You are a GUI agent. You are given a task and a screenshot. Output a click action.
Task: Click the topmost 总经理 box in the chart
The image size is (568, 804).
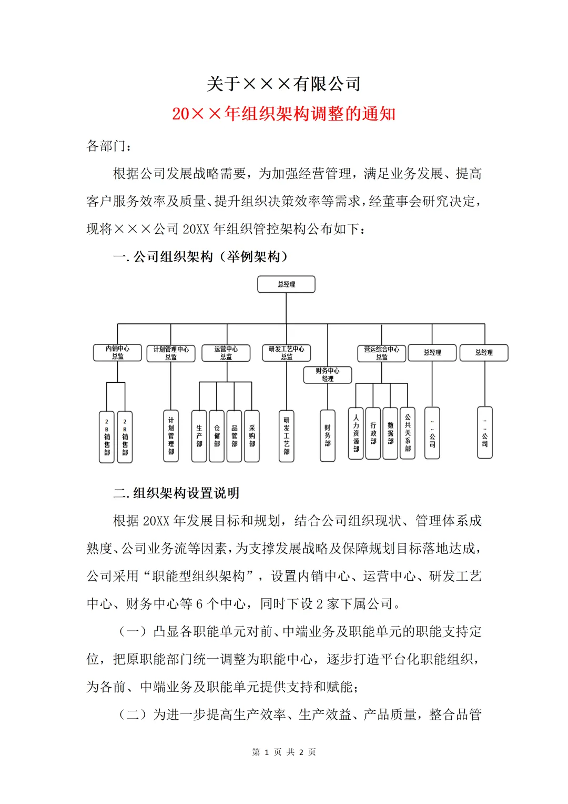click(286, 284)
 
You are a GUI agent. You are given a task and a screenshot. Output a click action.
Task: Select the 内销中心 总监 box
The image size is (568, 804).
click(117, 353)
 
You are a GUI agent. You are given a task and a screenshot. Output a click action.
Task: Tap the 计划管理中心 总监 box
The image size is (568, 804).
click(171, 353)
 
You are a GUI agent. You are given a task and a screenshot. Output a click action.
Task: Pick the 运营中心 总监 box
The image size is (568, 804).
click(226, 353)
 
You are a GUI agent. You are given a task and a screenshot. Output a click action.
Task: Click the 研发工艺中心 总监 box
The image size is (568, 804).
click(287, 353)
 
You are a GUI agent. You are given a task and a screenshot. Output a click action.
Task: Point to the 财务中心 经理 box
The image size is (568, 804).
click(328, 375)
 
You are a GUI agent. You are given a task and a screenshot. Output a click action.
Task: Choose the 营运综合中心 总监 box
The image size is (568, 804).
click(382, 353)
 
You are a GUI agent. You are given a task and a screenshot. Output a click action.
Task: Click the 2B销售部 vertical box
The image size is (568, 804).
click(107, 437)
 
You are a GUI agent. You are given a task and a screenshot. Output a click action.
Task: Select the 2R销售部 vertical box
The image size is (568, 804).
click(125, 437)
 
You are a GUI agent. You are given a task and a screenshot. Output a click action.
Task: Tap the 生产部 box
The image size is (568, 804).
click(199, 436)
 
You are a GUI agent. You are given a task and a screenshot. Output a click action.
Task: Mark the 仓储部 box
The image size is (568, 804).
click(217, 436)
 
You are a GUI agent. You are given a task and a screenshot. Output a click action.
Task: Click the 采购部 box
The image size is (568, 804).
click(252, 436)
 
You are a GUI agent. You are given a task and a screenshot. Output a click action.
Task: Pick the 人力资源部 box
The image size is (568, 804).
click(356, 433)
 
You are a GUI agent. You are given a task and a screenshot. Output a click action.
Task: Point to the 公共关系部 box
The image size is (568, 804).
click(408, 433)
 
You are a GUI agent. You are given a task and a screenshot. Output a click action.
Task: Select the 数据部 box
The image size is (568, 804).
click(390, 433)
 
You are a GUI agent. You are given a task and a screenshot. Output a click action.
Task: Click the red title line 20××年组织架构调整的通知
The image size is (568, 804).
click(283, 114)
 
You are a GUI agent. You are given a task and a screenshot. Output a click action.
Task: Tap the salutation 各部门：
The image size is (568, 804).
click(109, 146)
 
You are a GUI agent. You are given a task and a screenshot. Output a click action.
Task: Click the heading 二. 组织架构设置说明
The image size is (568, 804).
click(176, 493)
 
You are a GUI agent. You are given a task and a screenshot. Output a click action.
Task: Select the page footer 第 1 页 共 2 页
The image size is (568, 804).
click(284, 752)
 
